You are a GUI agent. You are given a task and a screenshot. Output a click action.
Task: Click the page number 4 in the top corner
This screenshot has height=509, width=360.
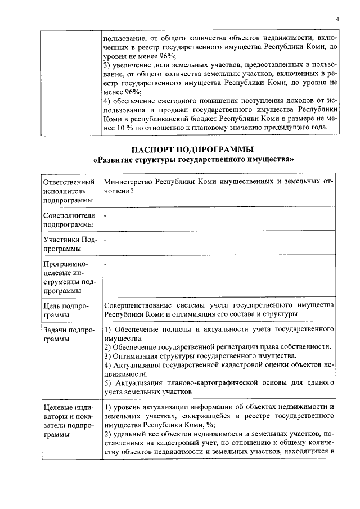[x=337, y=19]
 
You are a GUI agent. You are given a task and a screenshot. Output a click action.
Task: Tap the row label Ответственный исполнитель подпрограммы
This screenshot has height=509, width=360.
[x=69, y=191]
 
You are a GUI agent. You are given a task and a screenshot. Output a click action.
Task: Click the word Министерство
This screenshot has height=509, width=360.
[x=128, y=183]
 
